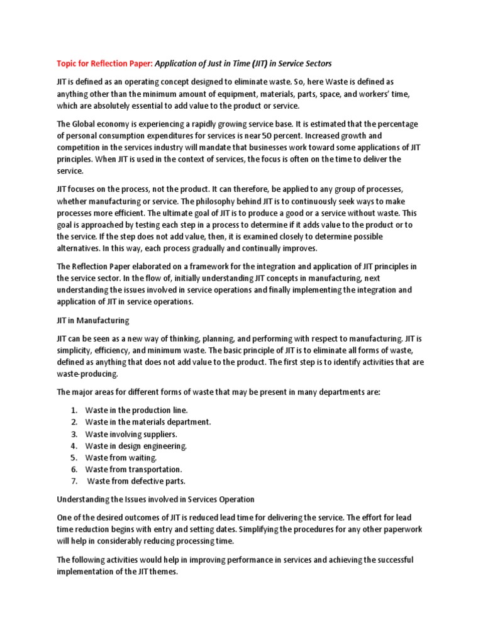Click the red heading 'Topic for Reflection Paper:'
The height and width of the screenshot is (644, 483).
[105, 64]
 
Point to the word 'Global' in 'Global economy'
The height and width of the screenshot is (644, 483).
[89, 124]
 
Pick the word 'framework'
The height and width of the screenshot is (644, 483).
[227, 266]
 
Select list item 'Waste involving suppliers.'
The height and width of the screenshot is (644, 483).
[131, 434]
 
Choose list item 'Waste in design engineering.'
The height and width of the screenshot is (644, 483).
[136, 446]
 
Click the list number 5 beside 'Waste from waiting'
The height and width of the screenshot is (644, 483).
[74, 458]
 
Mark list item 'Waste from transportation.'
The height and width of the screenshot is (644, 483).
[133, 469]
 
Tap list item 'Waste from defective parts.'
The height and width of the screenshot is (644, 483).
[136, 481]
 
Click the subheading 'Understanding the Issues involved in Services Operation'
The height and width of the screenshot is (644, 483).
[155, 499]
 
